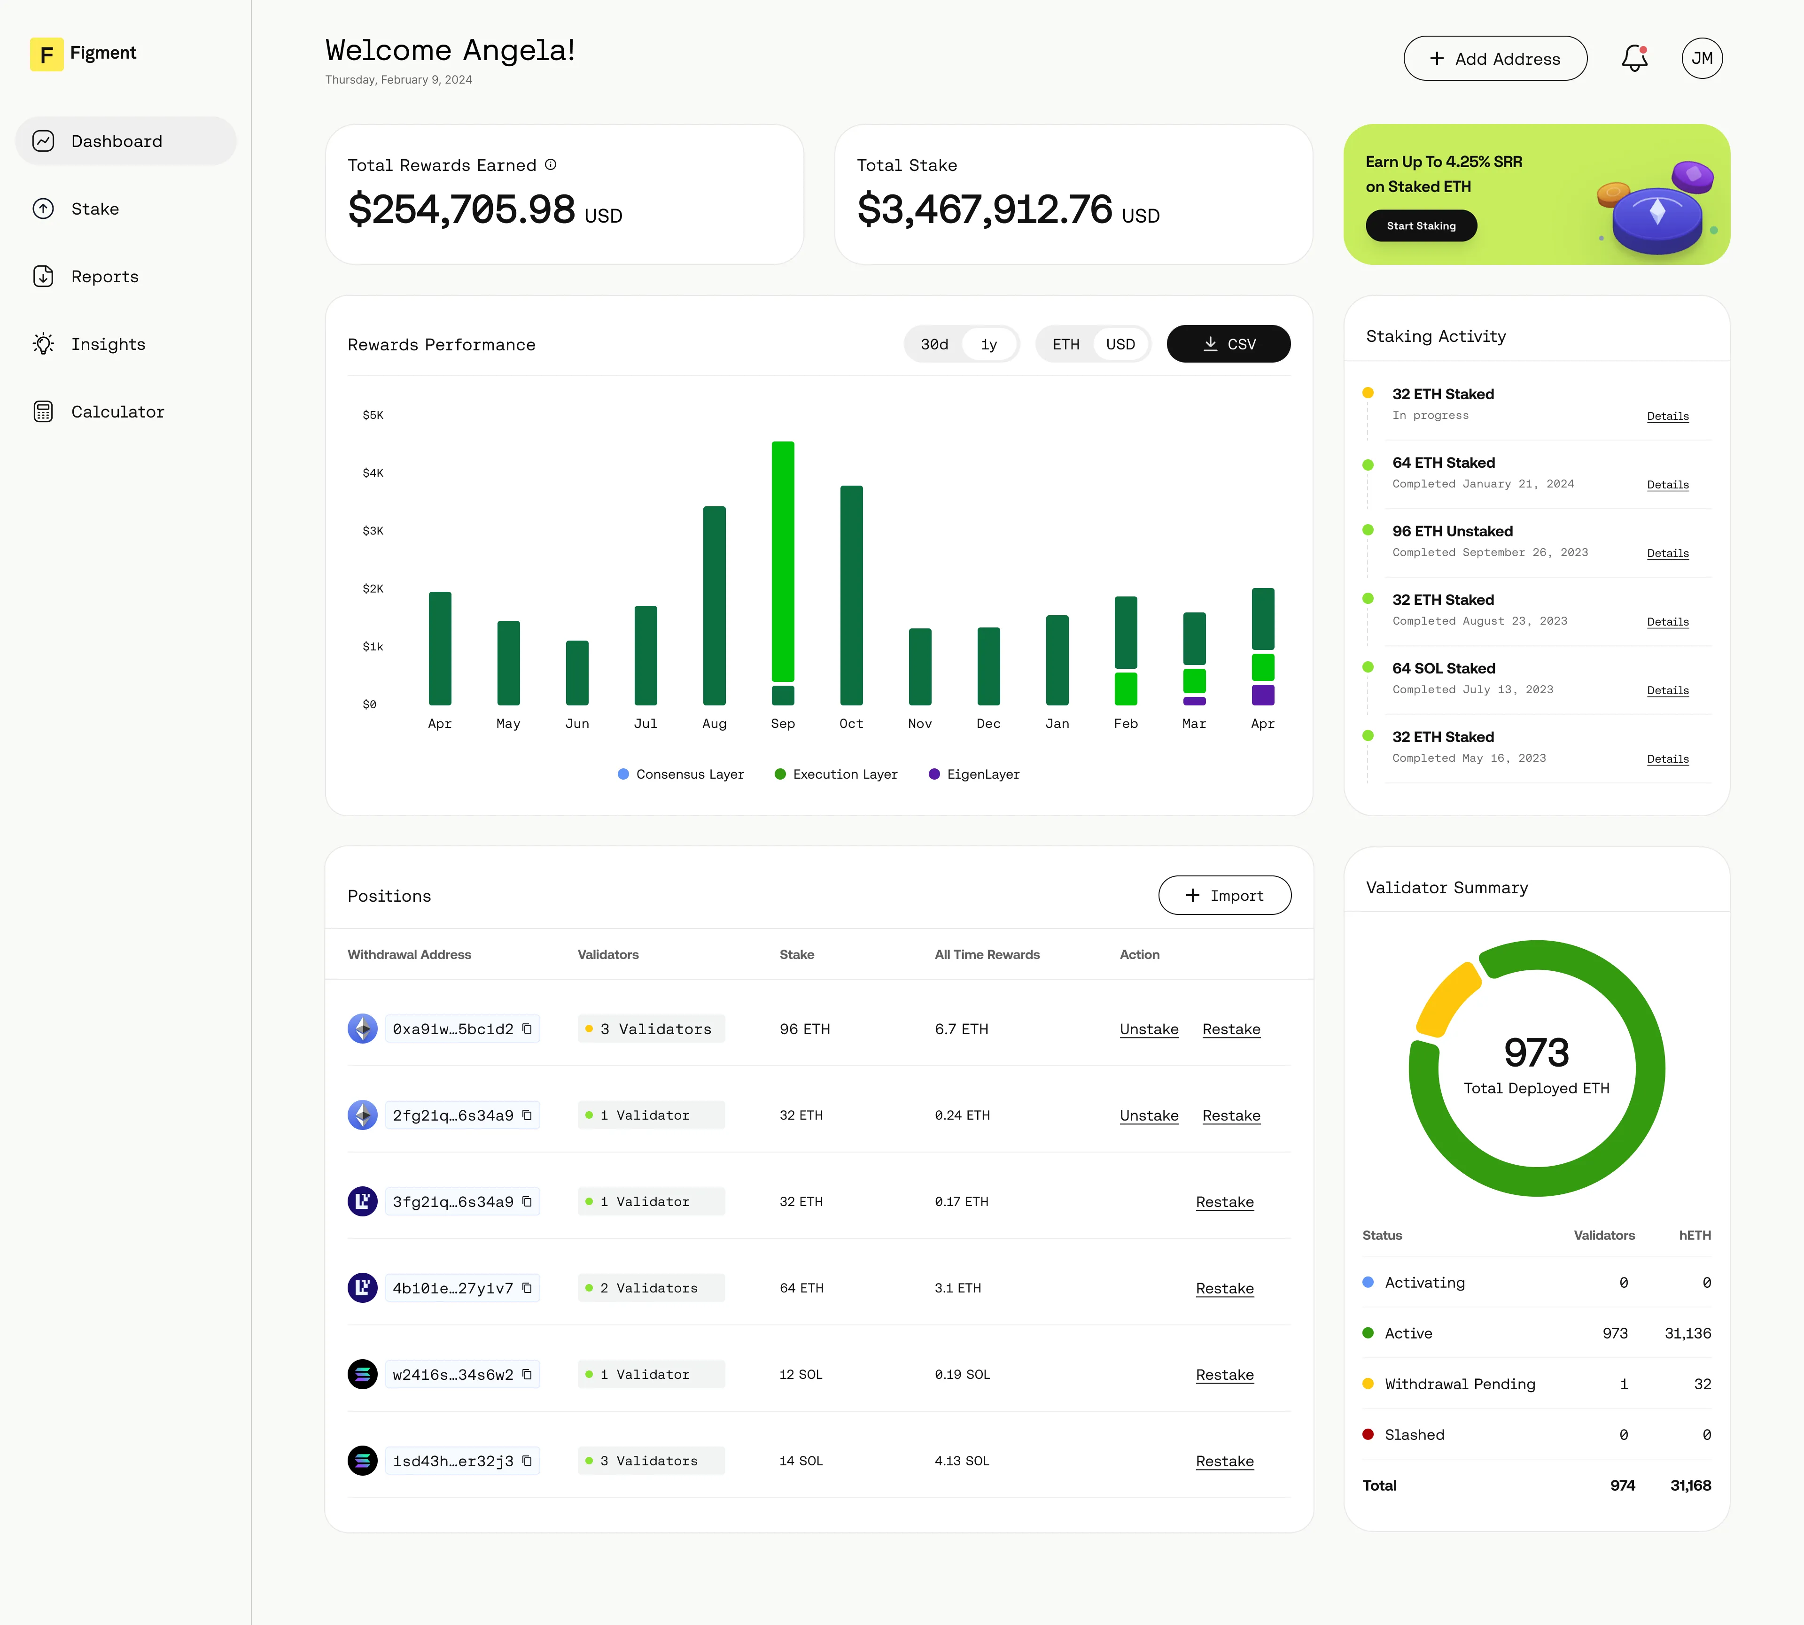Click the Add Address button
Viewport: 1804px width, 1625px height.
point(1495,59)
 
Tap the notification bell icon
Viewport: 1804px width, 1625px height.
point(1634,59)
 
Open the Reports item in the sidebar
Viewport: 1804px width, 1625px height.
point(104,277)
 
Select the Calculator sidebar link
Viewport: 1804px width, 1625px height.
point(117,411)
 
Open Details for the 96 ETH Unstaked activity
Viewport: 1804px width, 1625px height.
point(1667,554)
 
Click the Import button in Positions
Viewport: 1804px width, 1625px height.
point(1224,896)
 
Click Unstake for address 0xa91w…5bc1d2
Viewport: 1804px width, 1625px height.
point(1149,1029)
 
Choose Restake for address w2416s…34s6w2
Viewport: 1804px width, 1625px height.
point(1224,1375)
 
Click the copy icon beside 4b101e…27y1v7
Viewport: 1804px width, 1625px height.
point(527,1287)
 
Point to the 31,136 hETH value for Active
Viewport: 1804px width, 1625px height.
point(1687,1333)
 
